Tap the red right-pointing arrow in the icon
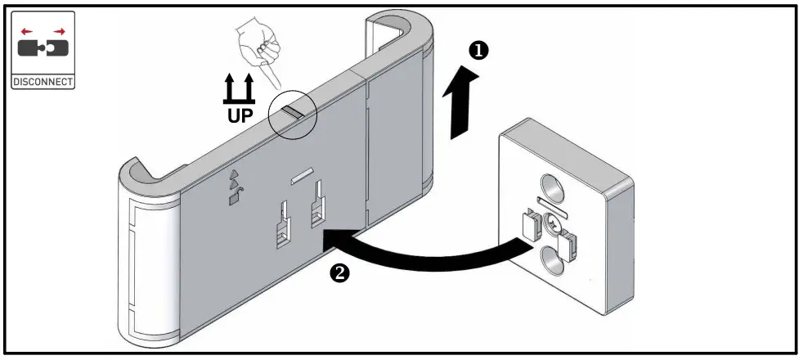pos(60,31)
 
